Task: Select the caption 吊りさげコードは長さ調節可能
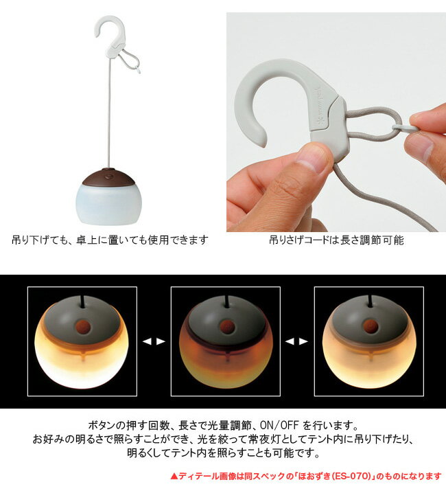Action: point(336,241)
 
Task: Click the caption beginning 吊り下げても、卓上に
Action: point(110,241)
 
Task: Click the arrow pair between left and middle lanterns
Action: point(154,341)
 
